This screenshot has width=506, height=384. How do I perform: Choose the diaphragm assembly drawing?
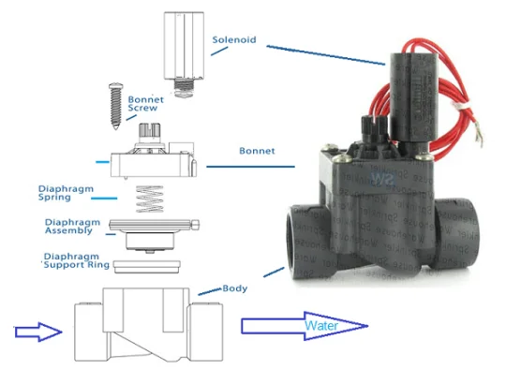click(x=155, y=232)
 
